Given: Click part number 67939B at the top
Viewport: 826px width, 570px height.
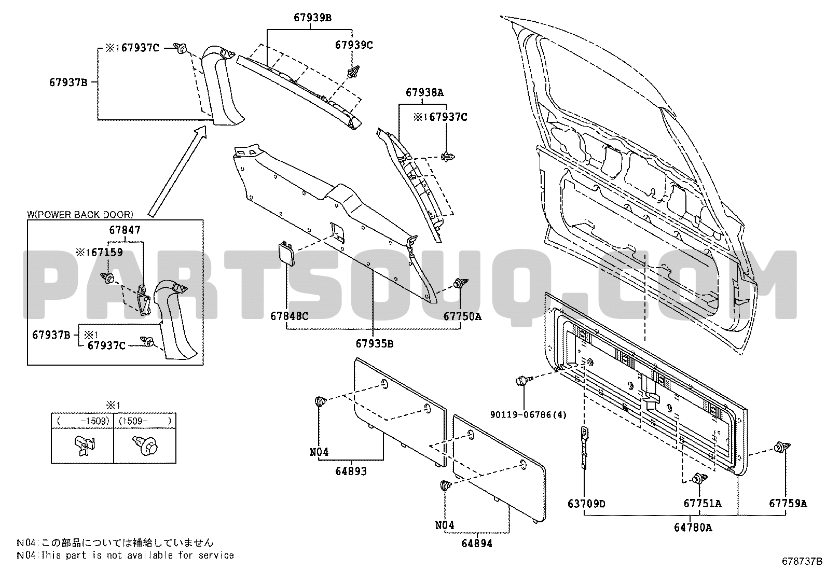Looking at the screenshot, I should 312,18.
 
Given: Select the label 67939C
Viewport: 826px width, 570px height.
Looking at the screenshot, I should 353,45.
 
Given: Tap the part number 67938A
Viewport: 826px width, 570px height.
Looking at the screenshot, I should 424,93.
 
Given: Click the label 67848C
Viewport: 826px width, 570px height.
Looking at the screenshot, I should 289,316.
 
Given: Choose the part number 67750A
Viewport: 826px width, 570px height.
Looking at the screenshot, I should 462,316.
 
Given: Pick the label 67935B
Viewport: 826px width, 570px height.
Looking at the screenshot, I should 374,343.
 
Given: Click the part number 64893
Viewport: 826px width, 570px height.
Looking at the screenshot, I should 351,471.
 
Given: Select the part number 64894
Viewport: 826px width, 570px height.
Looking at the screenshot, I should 477,544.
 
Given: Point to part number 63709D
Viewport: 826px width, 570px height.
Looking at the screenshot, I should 586,504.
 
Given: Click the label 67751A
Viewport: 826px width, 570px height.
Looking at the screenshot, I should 702,504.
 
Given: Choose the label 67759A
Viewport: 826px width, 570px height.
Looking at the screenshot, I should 788,504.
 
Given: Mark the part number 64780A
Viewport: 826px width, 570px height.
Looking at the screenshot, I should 693,528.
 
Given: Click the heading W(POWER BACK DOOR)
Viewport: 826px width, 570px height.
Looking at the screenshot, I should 80,214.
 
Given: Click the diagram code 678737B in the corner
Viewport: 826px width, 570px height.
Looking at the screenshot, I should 802,561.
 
